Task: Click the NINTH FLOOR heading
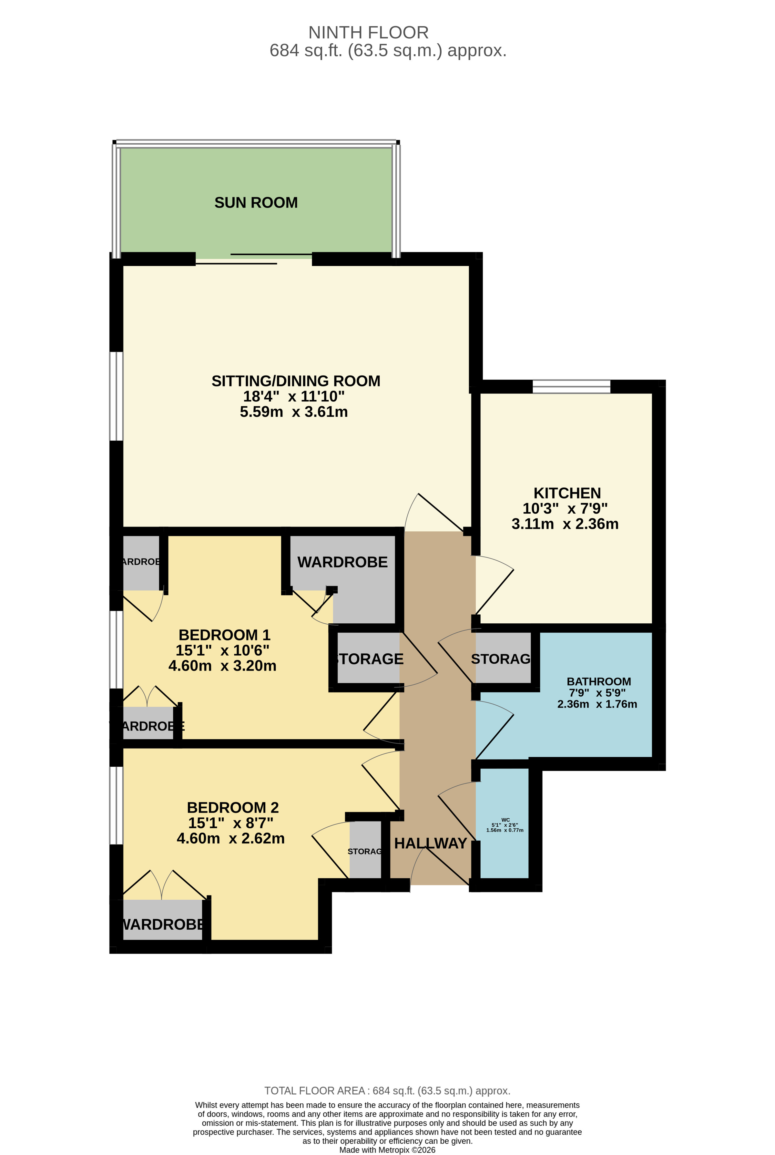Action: point(368,33)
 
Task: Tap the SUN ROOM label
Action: point(256,203)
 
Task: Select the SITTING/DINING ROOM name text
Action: point(296,381)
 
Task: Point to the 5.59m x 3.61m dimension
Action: point(294,412)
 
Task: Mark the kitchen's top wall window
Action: point(571,386)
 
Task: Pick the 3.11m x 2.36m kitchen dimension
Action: point(565,524)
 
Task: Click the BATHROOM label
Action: point(598,681)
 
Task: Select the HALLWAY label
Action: point(431,843)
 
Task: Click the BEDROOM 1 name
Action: point(224,635)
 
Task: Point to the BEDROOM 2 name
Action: point(233,808)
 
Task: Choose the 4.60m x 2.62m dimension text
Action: point(230,838)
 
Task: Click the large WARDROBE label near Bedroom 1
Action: point(342,562)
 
